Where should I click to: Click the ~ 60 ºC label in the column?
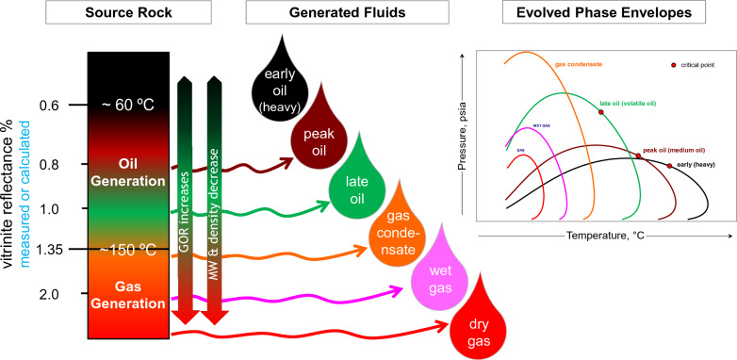pyautogui.click(x=128, y=105)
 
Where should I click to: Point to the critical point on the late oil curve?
pyautogui.click(x=600, y=112)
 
